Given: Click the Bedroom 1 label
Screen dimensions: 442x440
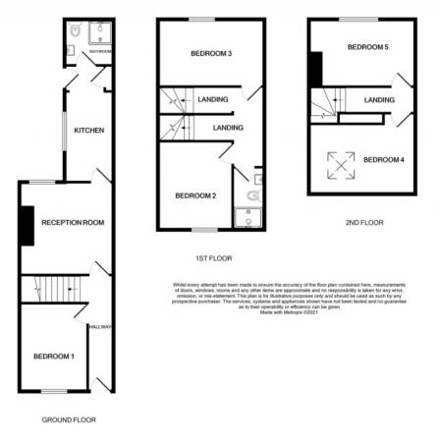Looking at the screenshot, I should click(53, 356).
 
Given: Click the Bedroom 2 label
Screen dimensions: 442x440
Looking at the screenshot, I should click(195, 195).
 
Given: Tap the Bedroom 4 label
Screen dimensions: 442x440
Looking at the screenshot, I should click(383, 159).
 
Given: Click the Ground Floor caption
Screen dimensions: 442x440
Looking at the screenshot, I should click(69, 419).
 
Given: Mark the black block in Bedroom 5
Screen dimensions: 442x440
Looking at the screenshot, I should click(314, 71).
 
